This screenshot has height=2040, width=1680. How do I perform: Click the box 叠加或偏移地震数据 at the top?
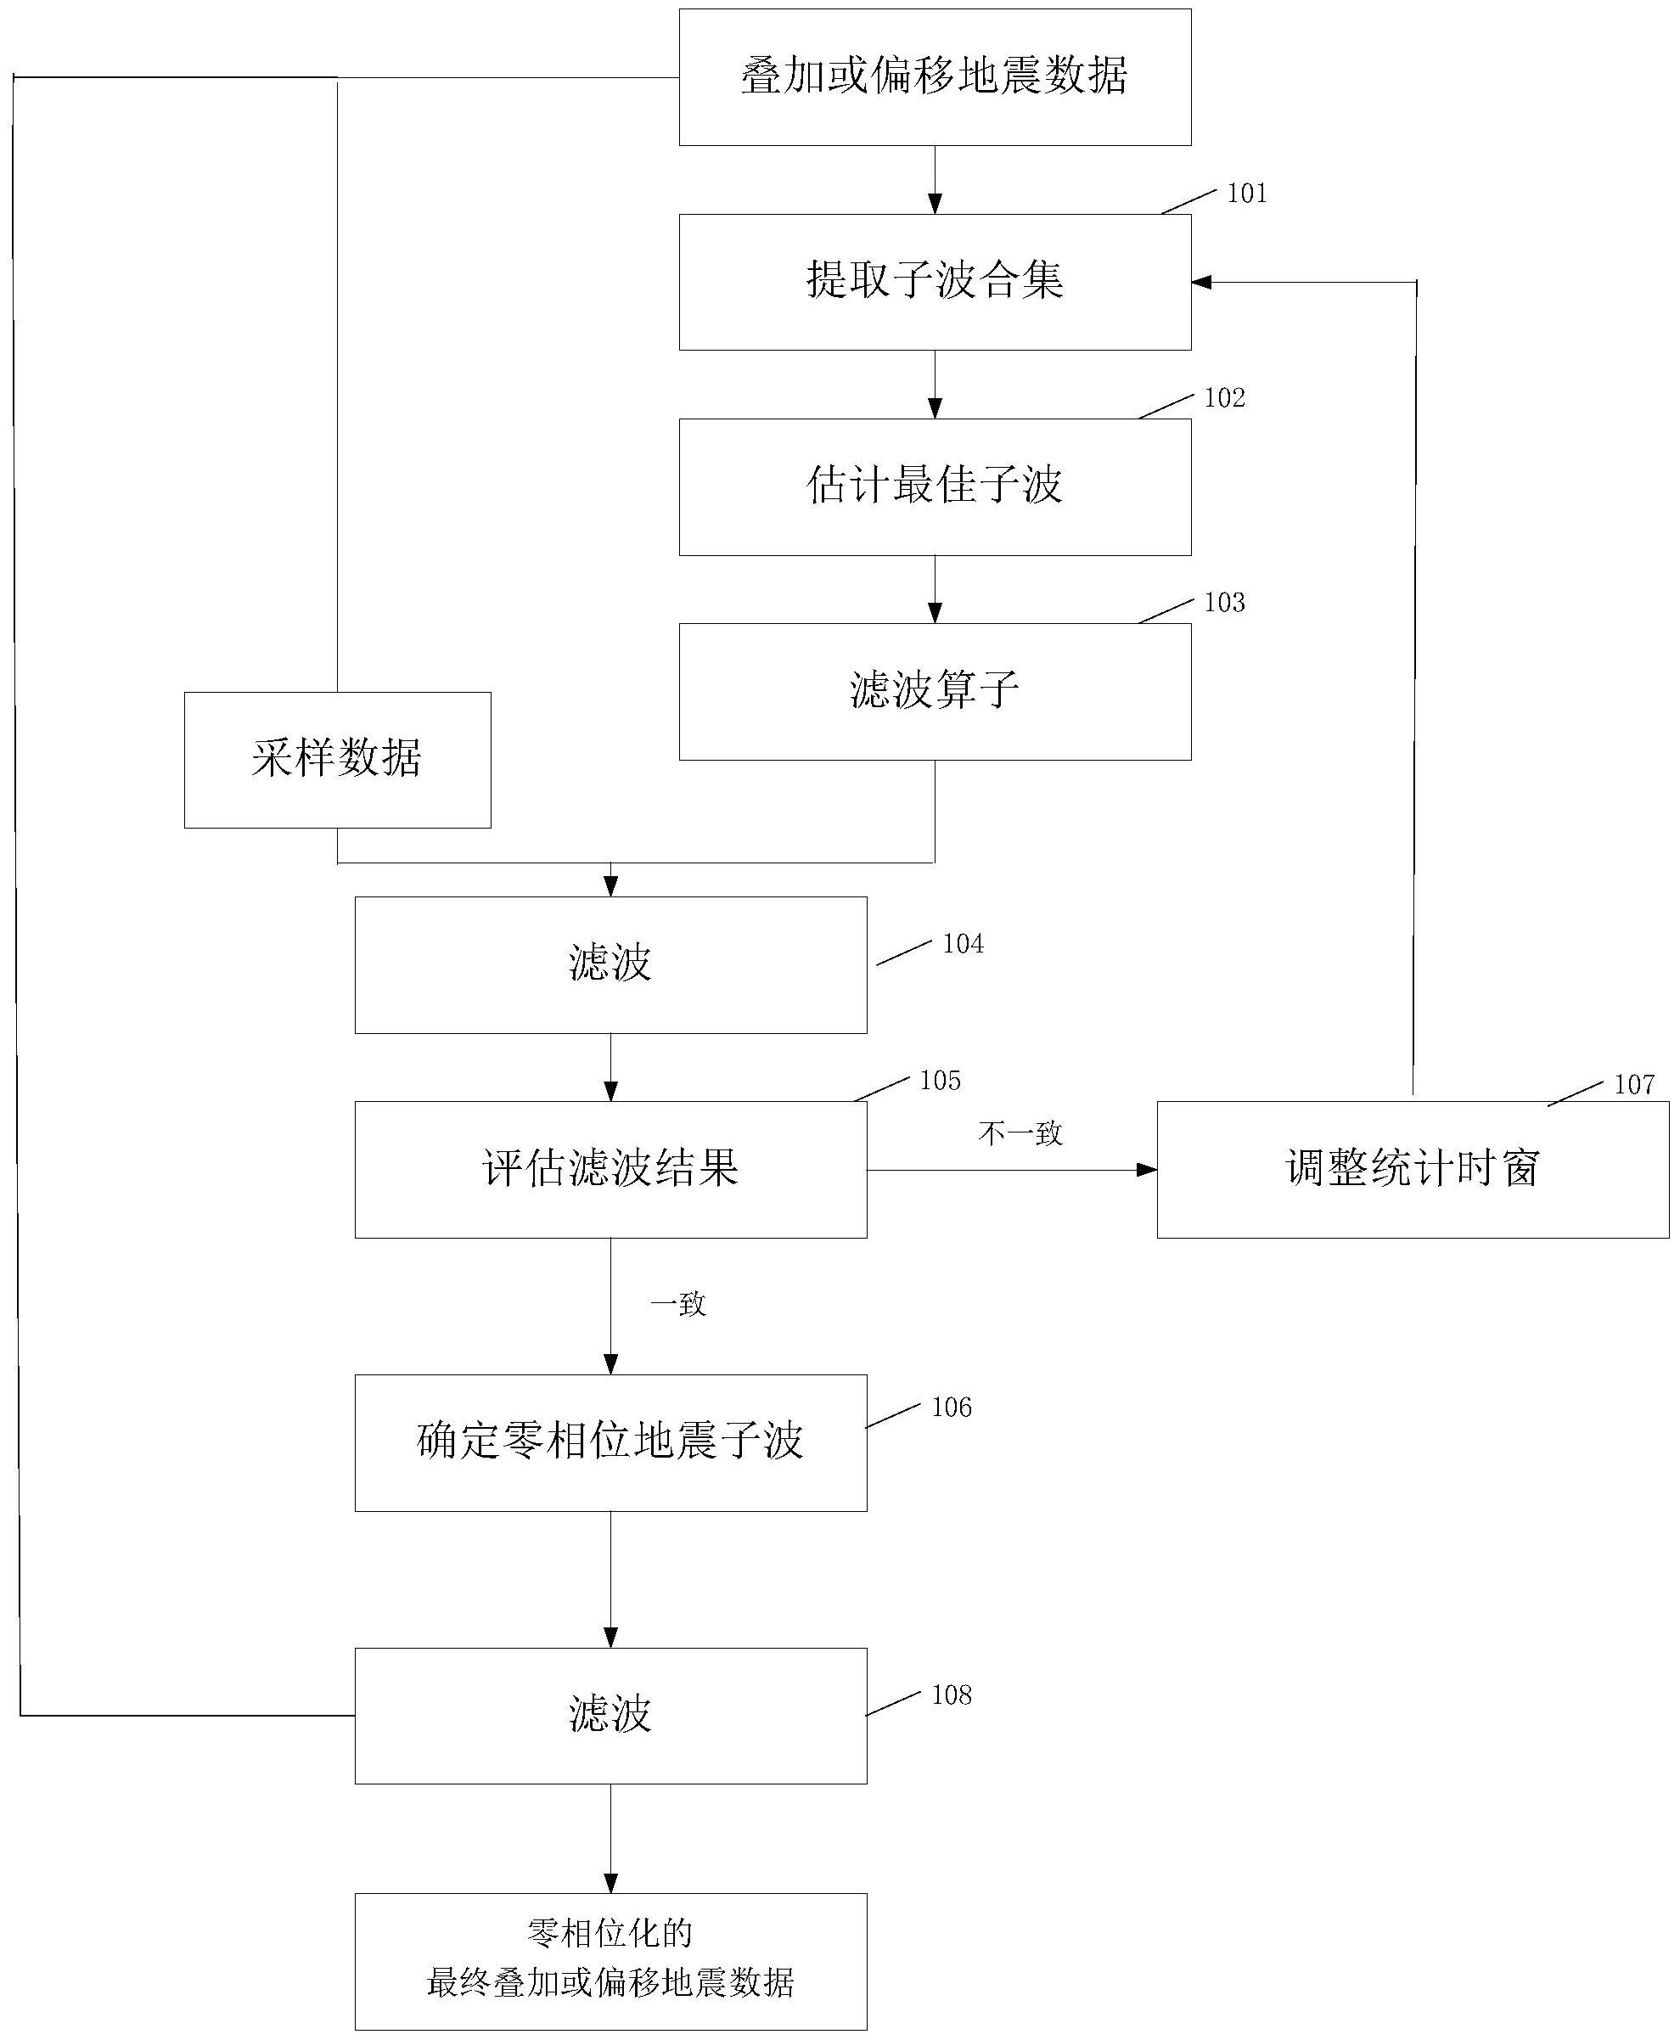934,77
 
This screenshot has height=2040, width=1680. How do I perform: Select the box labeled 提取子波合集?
934,282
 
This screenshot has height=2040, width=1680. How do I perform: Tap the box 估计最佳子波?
934,486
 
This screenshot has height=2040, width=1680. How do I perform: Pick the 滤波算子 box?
934,691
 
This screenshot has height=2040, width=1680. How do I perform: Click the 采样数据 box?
337,760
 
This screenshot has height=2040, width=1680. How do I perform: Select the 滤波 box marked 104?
610,965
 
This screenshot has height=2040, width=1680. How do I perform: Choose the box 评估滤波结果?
610,1169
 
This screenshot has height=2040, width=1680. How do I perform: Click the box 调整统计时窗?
1412,1169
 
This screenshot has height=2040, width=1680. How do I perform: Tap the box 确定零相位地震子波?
610,1442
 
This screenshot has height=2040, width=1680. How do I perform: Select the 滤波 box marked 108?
610,1716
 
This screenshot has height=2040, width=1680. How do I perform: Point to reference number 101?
1246,194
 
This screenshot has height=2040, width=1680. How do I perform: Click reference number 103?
1224,603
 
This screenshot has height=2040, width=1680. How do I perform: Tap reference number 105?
940,1080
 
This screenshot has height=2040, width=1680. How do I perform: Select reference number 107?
1634,1085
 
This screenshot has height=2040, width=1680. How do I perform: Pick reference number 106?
952,1407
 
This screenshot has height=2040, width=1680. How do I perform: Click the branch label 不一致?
1020,1133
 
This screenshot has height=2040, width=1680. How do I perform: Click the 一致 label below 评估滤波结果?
678,1305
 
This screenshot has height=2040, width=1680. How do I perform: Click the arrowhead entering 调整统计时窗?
1147,1170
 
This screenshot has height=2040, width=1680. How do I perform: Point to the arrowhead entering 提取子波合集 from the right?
1203,282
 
